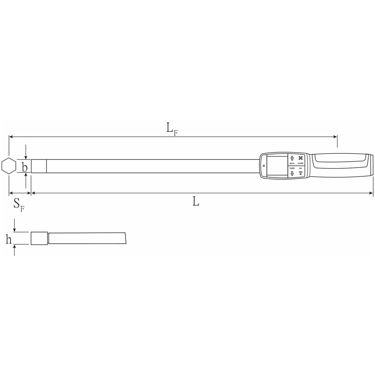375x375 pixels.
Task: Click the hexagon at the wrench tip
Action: [9, 166]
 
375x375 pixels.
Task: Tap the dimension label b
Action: [25, 167]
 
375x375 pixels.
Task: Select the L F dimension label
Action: [172, 129]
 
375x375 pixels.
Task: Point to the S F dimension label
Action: [19, 205]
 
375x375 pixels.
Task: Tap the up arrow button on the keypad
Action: [292, 158]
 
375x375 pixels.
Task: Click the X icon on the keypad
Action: [301, 158]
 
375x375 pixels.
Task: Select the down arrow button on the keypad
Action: [292, 173]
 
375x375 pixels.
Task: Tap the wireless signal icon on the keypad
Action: [301, 173]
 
